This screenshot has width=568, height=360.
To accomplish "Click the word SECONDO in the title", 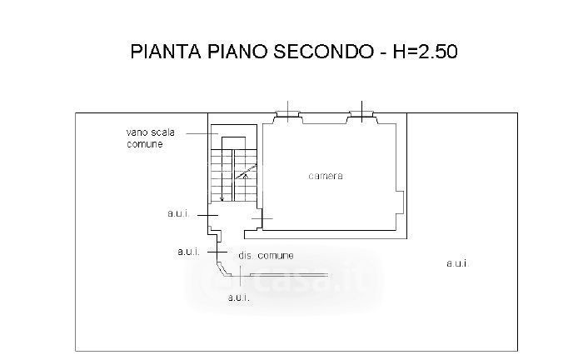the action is (x=319, y=52).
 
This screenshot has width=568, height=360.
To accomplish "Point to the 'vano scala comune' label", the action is (x=144, y=138).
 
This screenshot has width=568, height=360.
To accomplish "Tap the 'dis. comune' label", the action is (x=266, y=255).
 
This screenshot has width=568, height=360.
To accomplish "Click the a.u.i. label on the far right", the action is (x=456, y=263).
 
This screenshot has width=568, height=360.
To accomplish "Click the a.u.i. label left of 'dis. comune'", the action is (x=188, y=250).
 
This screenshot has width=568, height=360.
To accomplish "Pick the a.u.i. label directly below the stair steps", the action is (x=178, y=214).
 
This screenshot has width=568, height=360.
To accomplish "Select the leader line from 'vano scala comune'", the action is (x=201, y=132).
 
